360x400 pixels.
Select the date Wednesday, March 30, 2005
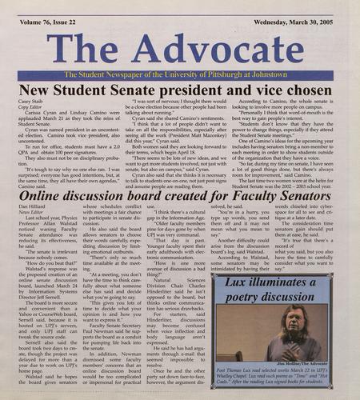(294, 9)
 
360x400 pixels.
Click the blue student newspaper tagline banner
(180, 74)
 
